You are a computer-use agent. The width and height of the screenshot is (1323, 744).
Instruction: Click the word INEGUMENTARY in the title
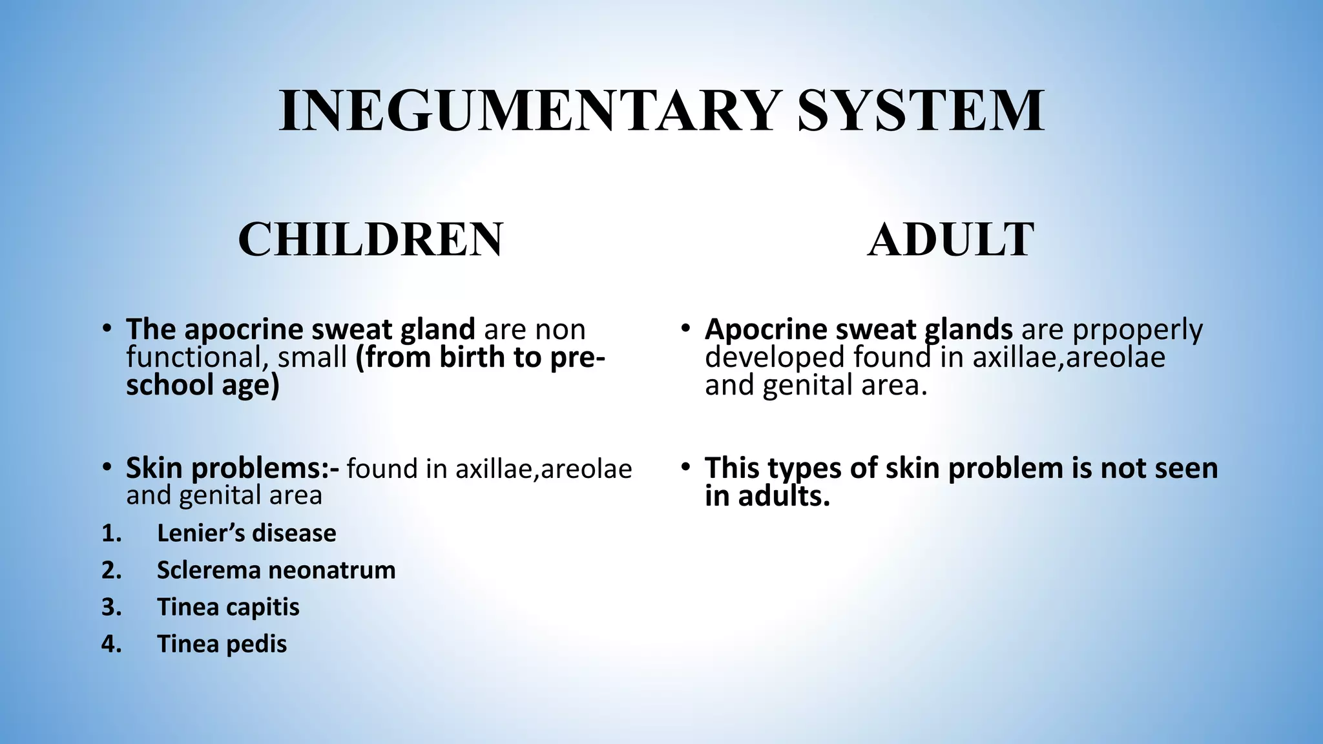[526, 111]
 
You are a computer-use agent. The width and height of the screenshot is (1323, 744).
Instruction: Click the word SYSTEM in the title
[921, 111]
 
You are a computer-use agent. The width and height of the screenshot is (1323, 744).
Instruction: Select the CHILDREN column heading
[370, 240]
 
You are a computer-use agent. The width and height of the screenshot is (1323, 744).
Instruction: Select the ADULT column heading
[950, 240]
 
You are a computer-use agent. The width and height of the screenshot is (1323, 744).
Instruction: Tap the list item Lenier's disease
[246, 533]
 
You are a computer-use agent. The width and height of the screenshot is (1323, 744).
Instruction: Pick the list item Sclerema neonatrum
[276, 570]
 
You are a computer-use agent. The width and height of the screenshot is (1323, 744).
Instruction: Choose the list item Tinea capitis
[228, 607]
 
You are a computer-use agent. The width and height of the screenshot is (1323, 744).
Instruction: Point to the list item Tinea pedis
[222, 644]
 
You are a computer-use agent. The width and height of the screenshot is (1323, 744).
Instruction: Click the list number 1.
[111, 533]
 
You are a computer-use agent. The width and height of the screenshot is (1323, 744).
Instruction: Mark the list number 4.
[111, 644]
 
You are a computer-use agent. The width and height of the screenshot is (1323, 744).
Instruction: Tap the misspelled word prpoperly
[1138, 330]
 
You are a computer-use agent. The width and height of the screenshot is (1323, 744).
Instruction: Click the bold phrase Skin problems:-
[232, 468]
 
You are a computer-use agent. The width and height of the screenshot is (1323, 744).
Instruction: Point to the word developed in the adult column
[775, 357]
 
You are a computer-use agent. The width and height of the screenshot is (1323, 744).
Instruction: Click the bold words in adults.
[767, 497]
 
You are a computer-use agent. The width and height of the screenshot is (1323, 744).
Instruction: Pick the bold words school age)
[202, 386]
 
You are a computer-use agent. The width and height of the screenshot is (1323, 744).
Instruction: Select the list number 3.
[111, 607]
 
